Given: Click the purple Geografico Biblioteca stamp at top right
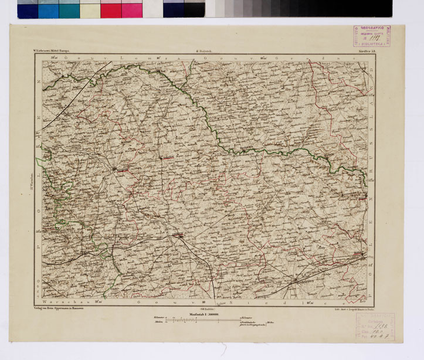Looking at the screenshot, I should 372,36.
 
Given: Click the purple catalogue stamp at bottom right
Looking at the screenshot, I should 376,326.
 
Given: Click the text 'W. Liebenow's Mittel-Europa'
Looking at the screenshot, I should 52,52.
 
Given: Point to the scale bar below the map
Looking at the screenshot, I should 203,321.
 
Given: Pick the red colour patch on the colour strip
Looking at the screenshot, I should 110,9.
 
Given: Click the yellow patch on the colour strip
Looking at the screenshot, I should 90,9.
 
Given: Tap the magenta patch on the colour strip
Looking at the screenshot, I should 132,9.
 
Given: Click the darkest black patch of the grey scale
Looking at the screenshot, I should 382,8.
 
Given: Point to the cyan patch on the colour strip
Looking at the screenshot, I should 48,9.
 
